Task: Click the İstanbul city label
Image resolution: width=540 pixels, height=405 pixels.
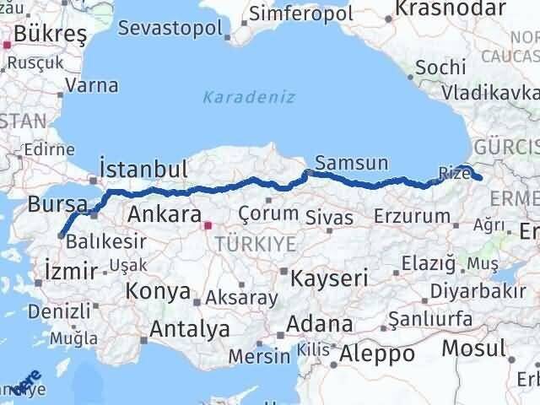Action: point(143,169)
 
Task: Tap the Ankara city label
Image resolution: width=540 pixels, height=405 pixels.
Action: point(164,214)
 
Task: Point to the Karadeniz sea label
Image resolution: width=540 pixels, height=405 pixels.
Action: point(248,97)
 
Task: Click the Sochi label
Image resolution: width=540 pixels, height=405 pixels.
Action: point(441,67)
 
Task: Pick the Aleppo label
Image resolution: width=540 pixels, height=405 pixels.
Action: point(377,353)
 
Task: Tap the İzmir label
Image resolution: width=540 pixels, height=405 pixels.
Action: point(68,270)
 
